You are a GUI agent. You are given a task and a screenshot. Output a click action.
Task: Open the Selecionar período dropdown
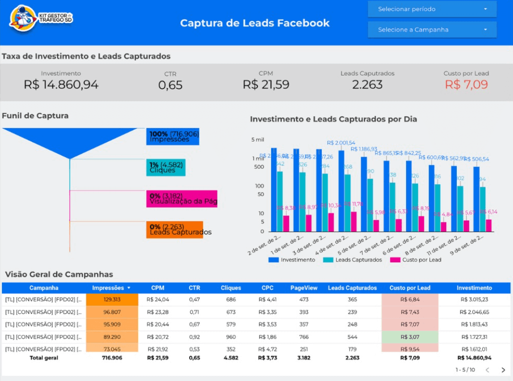[x=432, y=9]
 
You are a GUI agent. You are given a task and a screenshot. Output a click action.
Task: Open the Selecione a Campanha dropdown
[x=432, y=29]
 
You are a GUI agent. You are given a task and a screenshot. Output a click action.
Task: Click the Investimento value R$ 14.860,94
[x=61, y=85]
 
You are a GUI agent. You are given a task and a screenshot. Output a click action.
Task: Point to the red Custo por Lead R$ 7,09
[x=466, y=85]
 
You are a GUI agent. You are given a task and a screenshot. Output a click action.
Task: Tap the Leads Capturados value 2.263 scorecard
[x=367, y=85]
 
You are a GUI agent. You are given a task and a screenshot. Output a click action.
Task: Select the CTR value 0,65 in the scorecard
[x=170, y=85]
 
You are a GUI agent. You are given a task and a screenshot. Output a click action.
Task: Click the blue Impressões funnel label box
[x=173, y=137]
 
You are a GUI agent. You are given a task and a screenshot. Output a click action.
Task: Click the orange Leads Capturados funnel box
[x=175, y=230]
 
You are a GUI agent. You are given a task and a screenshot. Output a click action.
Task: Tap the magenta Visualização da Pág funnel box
[x=182, y=199]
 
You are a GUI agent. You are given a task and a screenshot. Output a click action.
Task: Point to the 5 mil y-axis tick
[x=257, y=140]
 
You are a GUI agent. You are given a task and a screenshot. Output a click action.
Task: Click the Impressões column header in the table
[x=108, y=288]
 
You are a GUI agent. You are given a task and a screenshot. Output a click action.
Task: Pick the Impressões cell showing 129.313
[x=112, y=299]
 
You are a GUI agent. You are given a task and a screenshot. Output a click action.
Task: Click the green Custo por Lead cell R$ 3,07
[x=410, y=337]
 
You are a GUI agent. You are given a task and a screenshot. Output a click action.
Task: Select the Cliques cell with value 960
[x=231, y=337]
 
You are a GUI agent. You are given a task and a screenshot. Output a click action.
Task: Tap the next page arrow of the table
[x=503, y=370]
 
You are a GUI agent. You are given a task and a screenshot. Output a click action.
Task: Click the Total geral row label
[x=44, y=358]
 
